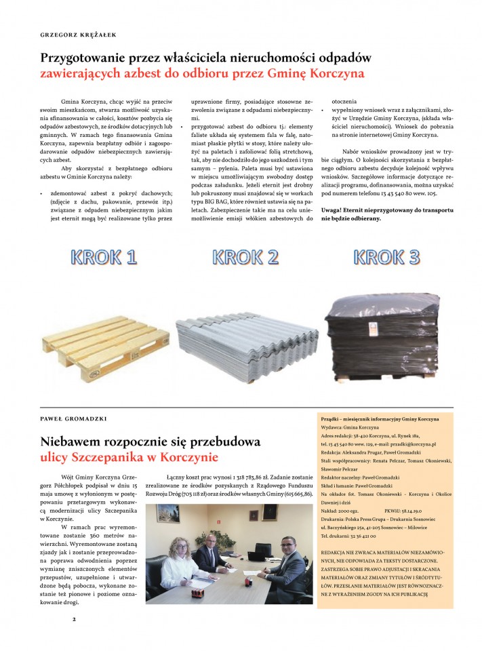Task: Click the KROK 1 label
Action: point(103,257)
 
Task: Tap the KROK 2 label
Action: point(245,257)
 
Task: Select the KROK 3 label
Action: point(386,257)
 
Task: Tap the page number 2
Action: point(75,618)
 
